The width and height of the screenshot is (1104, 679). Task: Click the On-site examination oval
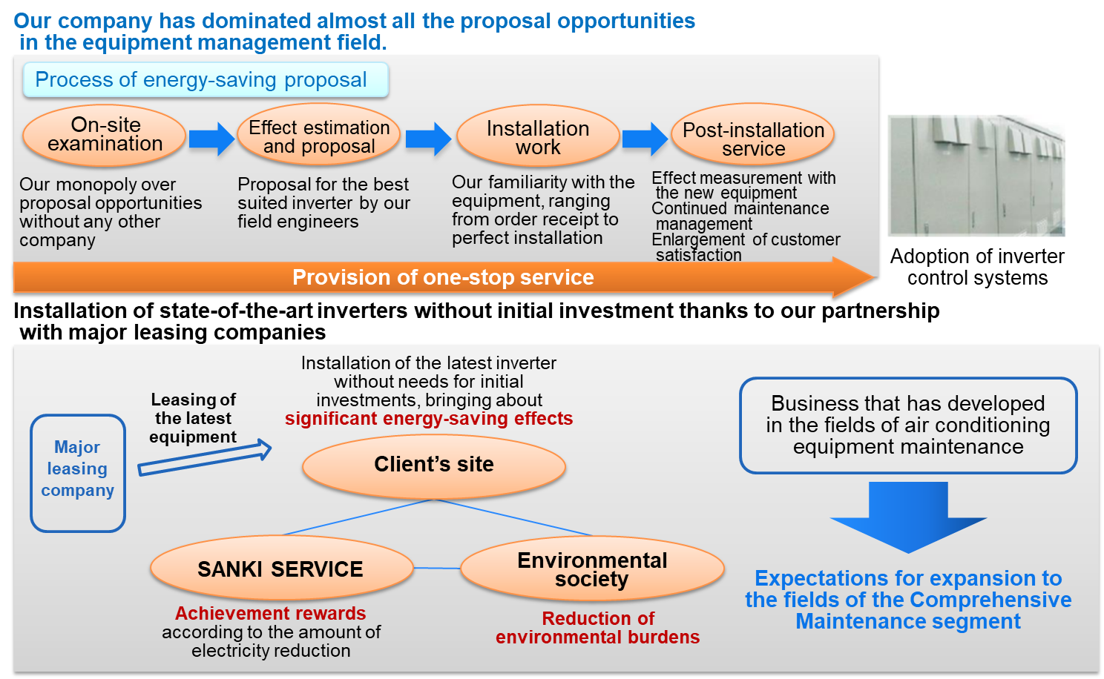(105, 135)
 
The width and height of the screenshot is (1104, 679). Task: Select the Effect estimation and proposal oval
(319, 135)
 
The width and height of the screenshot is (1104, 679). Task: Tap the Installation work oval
(538, 136)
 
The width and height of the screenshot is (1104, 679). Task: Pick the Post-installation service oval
(752, 135)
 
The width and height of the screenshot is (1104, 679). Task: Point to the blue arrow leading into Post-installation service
(645, 139)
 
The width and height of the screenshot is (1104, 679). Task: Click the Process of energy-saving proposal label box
(206, 80)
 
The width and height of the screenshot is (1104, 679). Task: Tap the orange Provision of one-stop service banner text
(443, 277)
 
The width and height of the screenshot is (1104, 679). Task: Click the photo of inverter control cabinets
(976, 176)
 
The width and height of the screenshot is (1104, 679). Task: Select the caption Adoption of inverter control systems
(977, 267)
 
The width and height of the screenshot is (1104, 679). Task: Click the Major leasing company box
(78, 473)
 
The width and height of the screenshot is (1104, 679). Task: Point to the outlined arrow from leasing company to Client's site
(205, 458)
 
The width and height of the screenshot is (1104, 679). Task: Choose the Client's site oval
(434, 466)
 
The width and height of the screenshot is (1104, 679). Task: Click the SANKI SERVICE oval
(281, 568)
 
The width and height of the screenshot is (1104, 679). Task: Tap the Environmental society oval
(592, 569)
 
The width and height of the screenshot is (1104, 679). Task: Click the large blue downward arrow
(908, 517)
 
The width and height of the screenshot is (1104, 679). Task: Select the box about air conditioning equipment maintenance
(908, 425)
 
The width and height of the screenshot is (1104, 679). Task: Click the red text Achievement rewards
(271, 614)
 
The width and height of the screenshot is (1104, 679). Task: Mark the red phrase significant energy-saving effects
(429, 419)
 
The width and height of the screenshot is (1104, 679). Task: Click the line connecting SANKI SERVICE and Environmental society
(437, 569)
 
